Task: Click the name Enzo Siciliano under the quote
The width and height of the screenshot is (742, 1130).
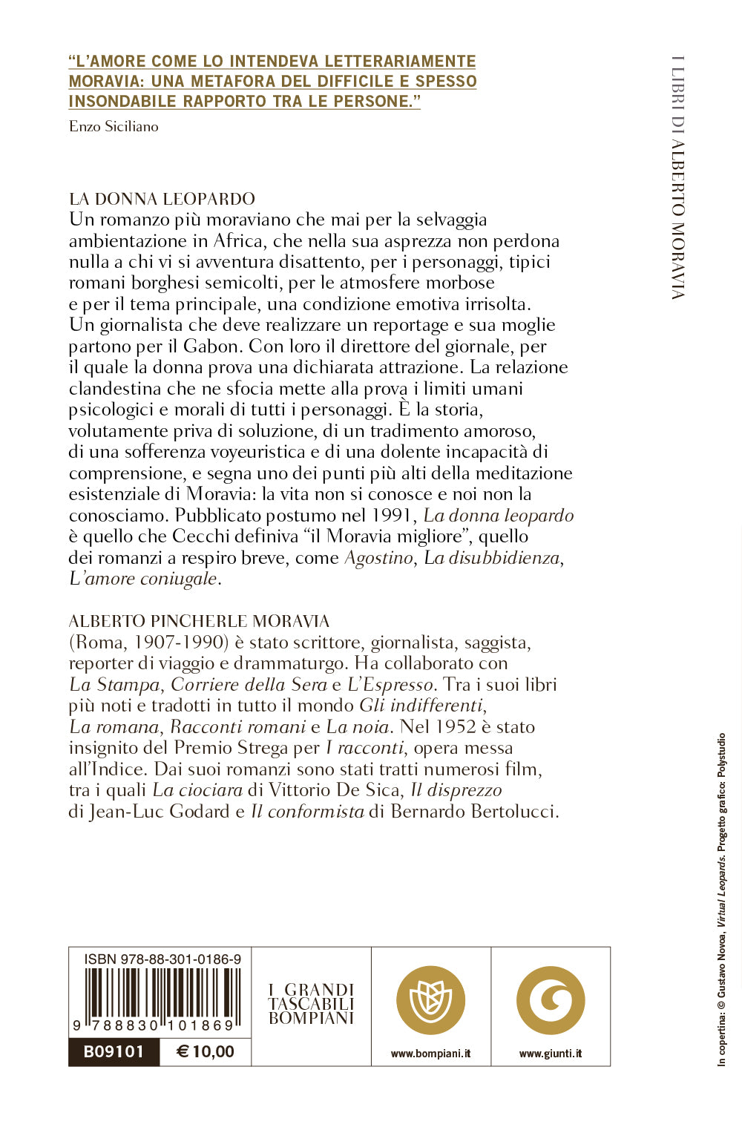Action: (114, 126)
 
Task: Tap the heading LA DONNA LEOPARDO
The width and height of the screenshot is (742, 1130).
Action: (162, 199)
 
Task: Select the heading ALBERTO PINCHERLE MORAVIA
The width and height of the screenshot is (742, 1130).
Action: (199, 621)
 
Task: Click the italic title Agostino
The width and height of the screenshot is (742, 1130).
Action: (378, 557)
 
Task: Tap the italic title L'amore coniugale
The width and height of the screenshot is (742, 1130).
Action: (143, 578)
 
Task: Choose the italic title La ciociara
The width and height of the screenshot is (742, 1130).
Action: (197, 789)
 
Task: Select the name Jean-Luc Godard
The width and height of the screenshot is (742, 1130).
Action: (159, 811)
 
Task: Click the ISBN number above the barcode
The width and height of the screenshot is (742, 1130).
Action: (162, 959)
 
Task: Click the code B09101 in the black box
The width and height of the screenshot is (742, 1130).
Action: (114, 1051)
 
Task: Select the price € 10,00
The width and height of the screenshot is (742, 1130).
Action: (206, 1051)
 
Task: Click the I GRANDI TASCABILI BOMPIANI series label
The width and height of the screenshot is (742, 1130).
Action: (311, 1004)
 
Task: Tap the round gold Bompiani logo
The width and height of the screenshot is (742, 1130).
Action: (430, 1000)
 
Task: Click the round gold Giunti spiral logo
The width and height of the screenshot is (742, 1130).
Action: (551, 1000)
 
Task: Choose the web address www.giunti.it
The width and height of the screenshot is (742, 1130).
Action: (551, 1054)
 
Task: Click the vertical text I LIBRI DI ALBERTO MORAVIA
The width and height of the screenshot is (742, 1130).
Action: (677, 178)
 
